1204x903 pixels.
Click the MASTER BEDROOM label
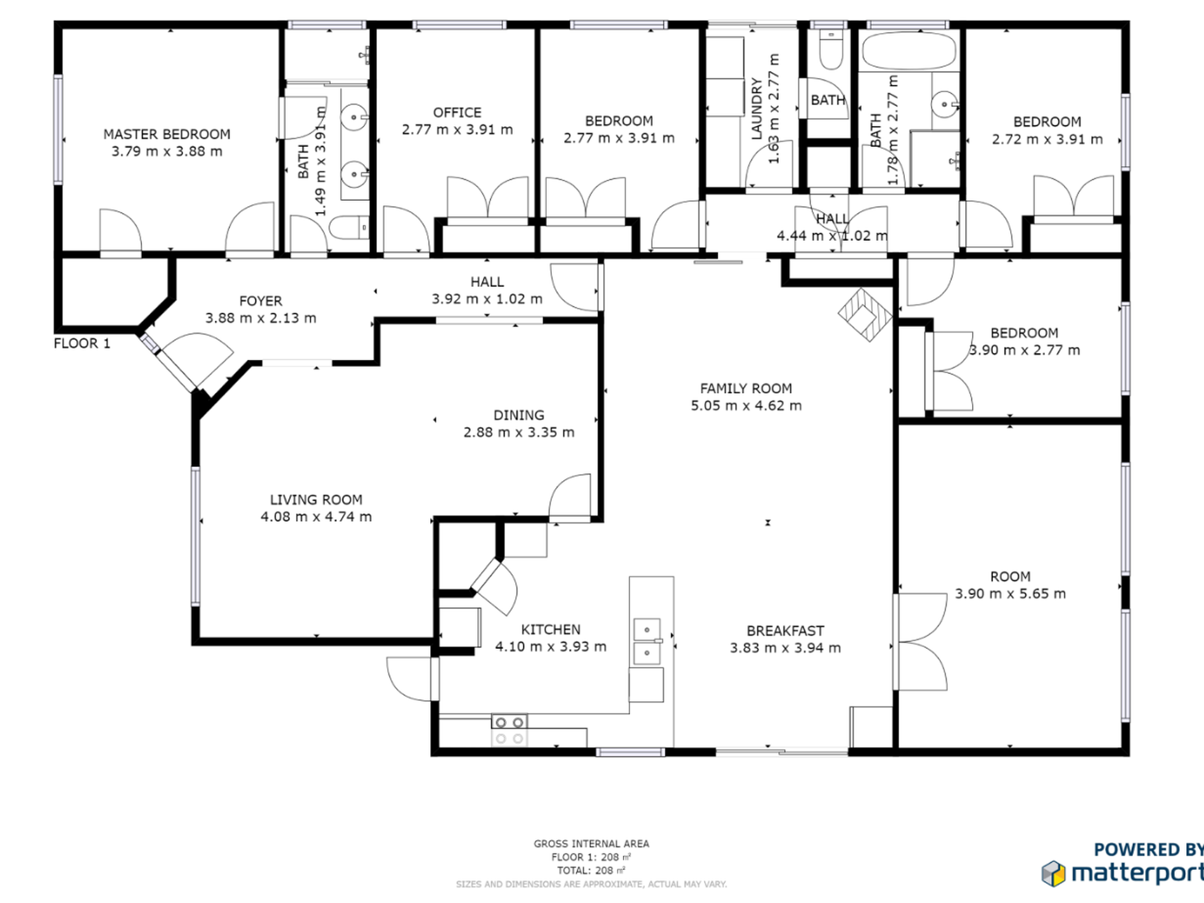pos(167,134)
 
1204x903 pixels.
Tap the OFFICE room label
pos(457,113)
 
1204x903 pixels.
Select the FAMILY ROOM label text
pos(746,388)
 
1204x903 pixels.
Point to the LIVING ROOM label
pos(316,500)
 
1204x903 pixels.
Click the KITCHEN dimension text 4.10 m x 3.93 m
pos(551,647)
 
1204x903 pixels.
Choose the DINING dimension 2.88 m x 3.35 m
pos(519,433)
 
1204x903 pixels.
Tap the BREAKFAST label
pos(785,631)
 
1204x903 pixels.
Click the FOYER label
pos(260,302)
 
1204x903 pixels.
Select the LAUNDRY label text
pos(756,108)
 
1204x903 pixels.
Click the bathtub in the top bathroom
pos(908,51)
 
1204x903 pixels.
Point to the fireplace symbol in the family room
pos(865,315)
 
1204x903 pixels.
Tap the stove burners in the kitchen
pos(509,730)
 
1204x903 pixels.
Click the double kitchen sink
pos(647,641)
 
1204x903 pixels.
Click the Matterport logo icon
pos(1053,873)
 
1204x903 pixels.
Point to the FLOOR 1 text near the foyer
pos(82,343)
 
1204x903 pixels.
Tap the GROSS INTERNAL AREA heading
pos(591,844)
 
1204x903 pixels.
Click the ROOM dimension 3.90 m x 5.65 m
pos(1011,594)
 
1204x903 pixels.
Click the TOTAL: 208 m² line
pos(591,871)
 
